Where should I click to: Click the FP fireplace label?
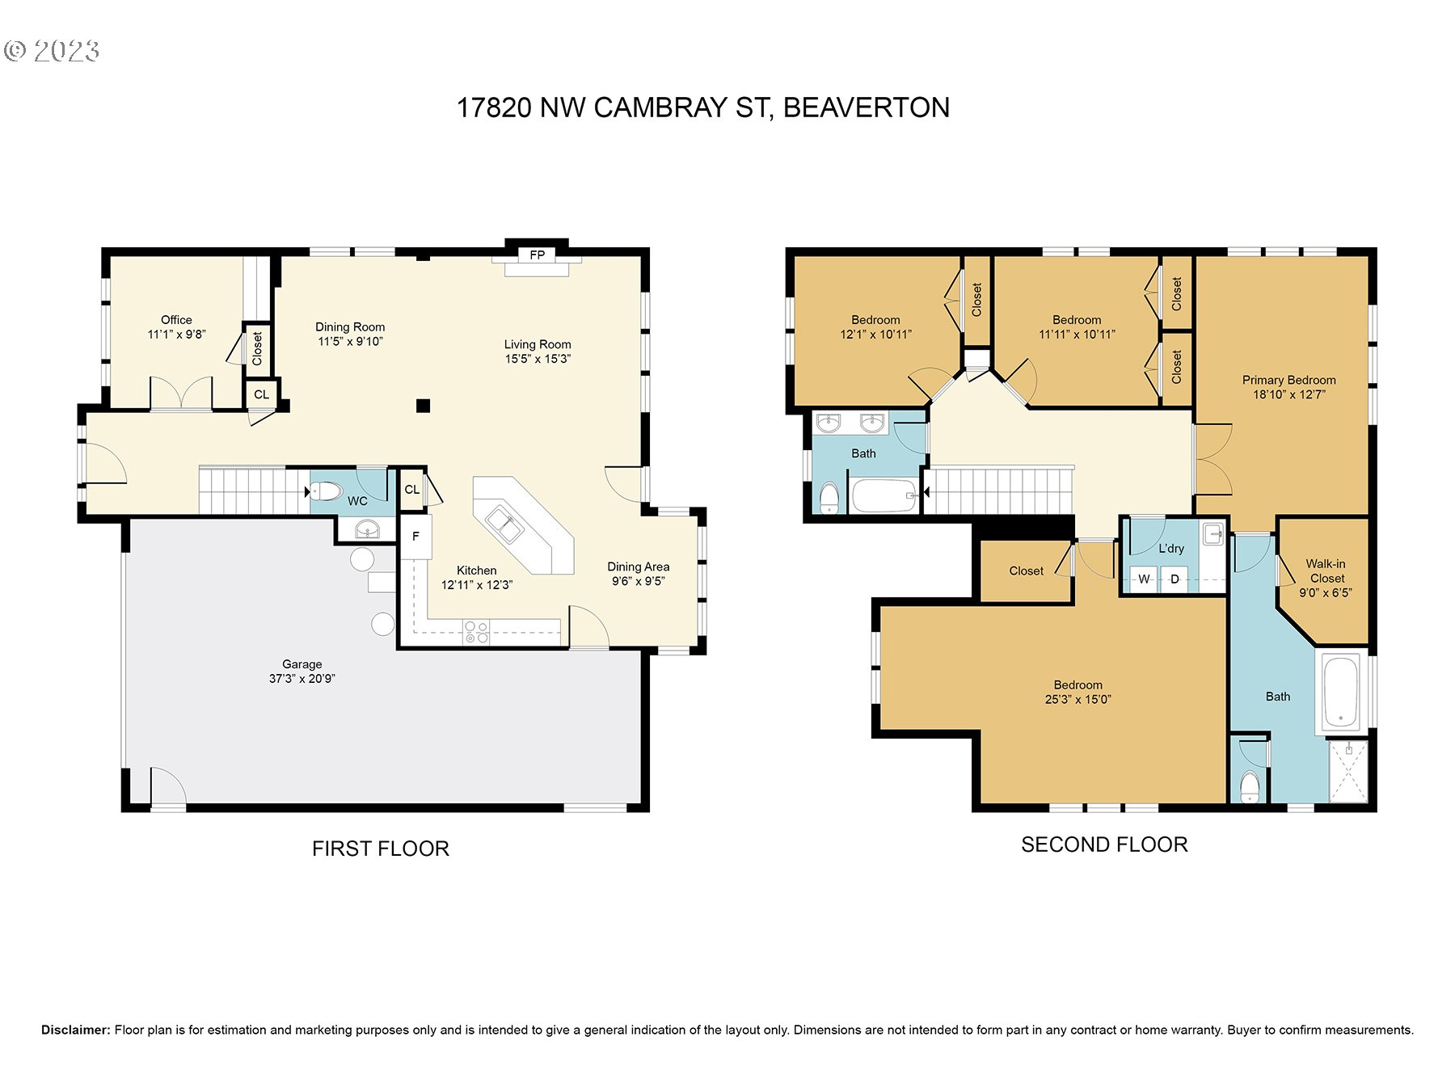(538, 255)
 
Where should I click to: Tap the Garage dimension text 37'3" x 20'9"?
(302, 679)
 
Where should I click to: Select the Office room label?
(176, 320)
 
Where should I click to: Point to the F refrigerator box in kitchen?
(415, 537)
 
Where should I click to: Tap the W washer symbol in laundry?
(1144, 579)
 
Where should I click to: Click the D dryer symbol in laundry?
(1175, 579)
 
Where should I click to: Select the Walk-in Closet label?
(1326, 571)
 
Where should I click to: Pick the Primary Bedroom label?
(1288, 380)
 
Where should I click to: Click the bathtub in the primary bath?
(1342, 693)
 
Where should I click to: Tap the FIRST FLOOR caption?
(381, 849)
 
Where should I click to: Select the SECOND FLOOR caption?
(1104, 845)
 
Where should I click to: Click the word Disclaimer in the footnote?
(75, 1030)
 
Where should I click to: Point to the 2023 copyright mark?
(52, 51)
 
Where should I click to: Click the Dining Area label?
(639, 567)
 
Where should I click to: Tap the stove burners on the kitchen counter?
(476, 632)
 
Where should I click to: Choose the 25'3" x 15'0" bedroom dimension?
(1078, 700)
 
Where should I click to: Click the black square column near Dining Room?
(423, 406)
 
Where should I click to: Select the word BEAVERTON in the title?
(867, 107)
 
